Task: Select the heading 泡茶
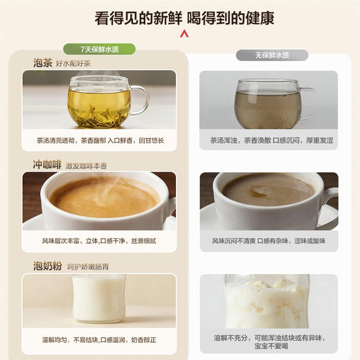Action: pos(42,63)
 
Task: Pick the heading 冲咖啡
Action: pos(47,165)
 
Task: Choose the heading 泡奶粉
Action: pos(47,266)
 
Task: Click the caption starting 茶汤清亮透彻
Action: pos(100,140)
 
